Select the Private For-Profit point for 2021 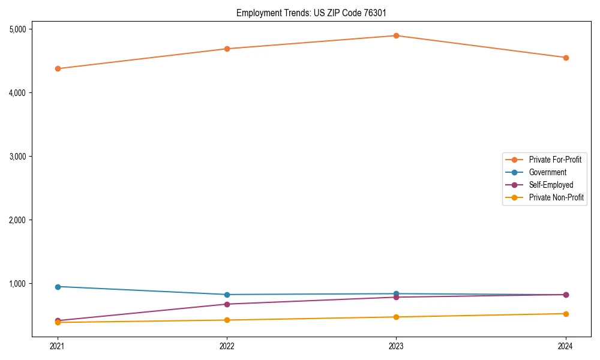pyautogui.click(x=58, y=68)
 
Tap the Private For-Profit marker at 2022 pyautogui.click(x=227, y=49)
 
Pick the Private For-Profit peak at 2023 pyautogui.click(x=396, y=35)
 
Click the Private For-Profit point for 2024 pyautogui.click(x=566, y=58)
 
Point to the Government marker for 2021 pyautogui.click(x=58, y=287)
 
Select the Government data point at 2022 pyautogui.click(x=227, y=295)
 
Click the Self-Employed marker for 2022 pyautogui.click(x=227, y=304)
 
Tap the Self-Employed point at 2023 pyautogui.click(x=396, y=297)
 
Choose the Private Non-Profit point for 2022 pyautogui.click(x=227, y=320)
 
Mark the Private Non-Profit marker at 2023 pyautogui.click(x=396, y=317)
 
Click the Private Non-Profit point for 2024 pyautogui.click(x=566, y=314)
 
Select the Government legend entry pyautogui.click(x=547, y=172)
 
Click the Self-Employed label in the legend pyautogui.click(x=551, y=185)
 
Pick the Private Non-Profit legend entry pyautogui.click(x=556, y=197)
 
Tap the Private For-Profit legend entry pyautogui.click(x=555, y=160)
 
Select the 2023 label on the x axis pyautogui.click(x=396, y=346)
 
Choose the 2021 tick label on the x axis pyautogui.click(x=58, y=346)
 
